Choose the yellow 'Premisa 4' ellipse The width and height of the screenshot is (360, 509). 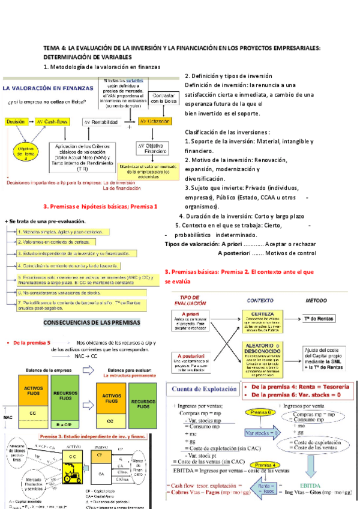click(262, 465)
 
